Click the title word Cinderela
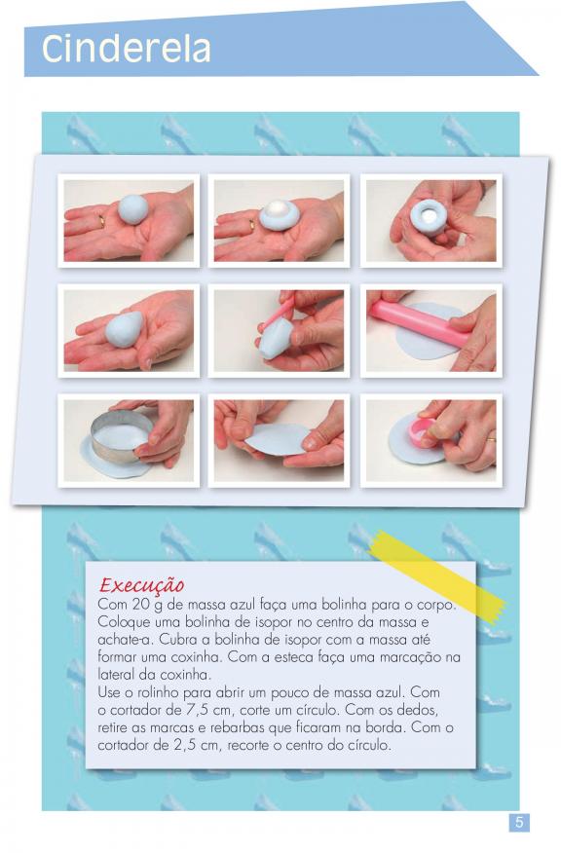pos(126,49)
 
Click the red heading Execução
pos(141,585)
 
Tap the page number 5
pos(518,822)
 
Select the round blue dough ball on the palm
pos(132,209)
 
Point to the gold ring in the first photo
pos(101,220)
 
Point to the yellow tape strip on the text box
pos(438,576)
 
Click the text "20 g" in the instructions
pos(146,605)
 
